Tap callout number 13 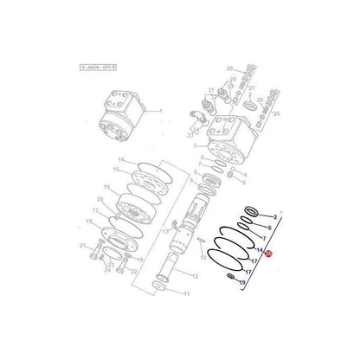pyautogui.click(x=161, y=231)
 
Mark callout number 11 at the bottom pyautogui.click(x=185, y=294)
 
